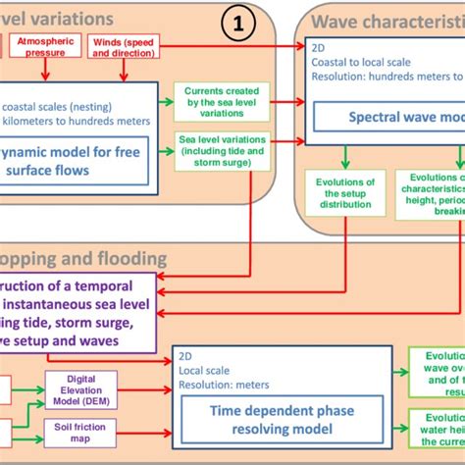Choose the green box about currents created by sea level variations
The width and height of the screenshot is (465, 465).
pos(222,101)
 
